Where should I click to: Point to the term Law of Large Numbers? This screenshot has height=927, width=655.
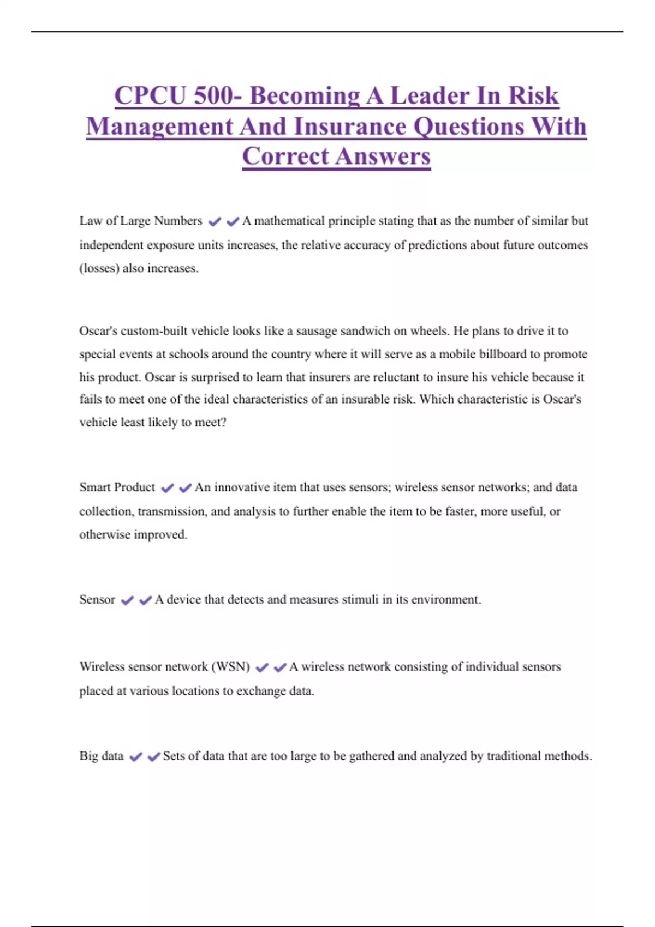141,221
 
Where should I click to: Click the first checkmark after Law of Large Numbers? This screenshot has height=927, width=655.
215,221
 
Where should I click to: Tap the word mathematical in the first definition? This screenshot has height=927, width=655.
287,221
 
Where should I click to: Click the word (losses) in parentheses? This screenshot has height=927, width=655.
99,268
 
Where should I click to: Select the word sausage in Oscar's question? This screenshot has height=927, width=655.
316,331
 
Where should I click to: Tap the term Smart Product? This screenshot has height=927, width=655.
117,487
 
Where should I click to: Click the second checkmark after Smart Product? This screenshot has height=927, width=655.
185,487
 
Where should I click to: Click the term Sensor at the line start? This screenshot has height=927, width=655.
97,599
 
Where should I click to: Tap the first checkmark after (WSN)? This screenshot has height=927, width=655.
262,667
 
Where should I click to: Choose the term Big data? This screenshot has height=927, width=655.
102,756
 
